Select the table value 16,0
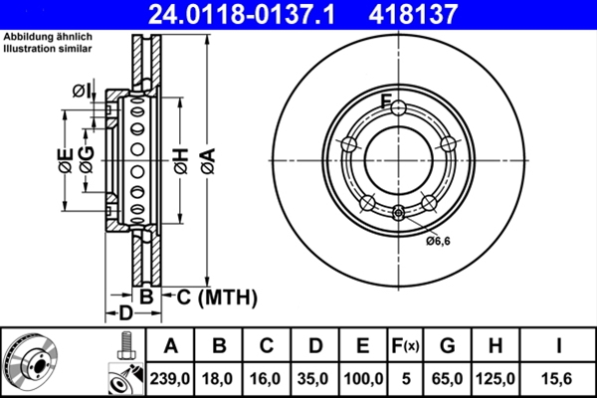point(268,378)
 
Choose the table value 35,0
point(315,378)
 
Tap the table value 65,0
point(448,378)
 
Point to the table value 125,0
point(497,378)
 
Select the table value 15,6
point(557,378)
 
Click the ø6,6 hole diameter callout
point(438,240)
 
